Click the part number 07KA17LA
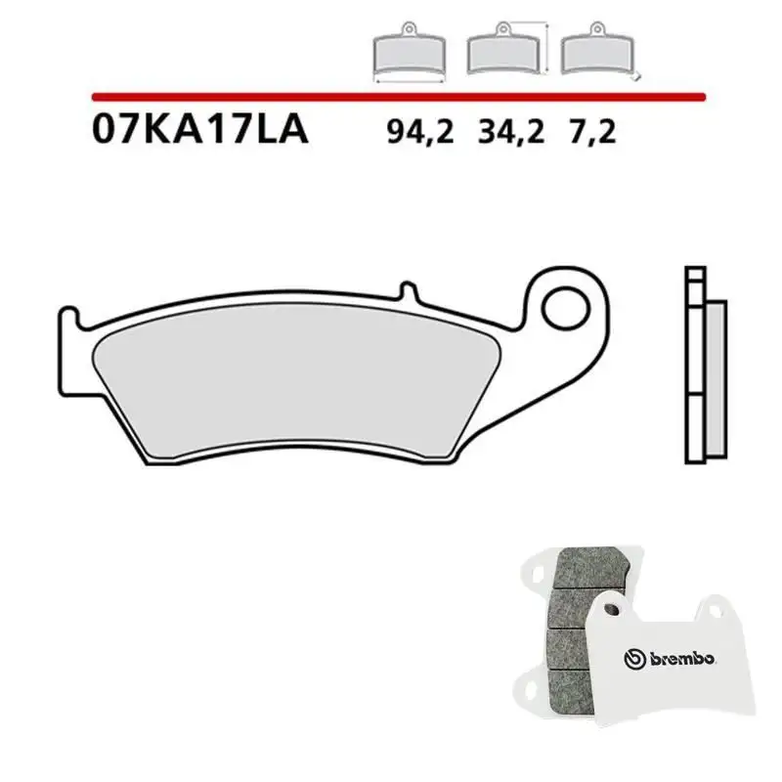pyautogui.click(x=199, y=130)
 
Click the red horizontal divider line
pyautogui.click(x=398, y=98)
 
